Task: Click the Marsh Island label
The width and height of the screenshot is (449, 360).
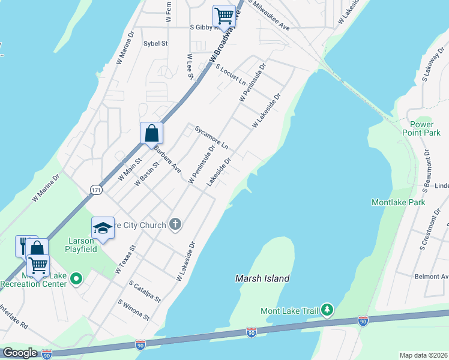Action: [x=262, y=278]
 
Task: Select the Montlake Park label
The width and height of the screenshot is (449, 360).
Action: [x=398, y=202]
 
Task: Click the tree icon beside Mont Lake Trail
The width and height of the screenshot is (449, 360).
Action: [x=327, y=310]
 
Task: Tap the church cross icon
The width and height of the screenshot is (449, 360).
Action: [x=175, y=225]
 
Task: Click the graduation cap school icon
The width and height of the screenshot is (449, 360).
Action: [x=103, y=228]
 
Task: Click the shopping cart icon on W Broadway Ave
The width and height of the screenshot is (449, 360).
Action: [x=224, y=15]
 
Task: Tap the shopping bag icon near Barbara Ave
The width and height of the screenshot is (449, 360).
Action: [x=152, y=131]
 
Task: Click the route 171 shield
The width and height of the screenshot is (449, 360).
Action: [x=96, y=190]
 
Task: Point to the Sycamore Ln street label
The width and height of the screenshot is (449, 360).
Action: [x=211, y=137]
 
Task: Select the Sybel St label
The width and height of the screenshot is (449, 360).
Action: [x=155, y=43]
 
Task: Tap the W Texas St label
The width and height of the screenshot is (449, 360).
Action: [x=126, y=259]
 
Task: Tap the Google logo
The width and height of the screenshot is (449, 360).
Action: [x=20, y=353]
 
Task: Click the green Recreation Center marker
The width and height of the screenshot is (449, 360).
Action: [x=76, y=278]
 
